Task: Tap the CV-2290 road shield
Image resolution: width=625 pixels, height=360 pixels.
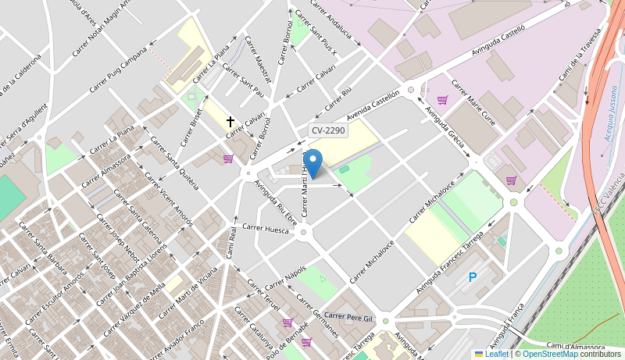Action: (327, 131)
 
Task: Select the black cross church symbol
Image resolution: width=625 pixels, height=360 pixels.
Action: (230, 122)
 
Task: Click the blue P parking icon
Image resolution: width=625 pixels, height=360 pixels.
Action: (472, 277)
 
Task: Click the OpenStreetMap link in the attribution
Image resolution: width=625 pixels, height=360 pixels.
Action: (550, 354)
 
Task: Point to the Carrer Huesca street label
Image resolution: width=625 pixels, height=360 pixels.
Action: (266, 228)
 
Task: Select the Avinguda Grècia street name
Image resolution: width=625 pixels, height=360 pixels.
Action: (444, 128)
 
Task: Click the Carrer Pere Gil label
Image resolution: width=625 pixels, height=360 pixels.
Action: (349, 317)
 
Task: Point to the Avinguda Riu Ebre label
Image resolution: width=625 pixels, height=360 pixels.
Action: (275, 202)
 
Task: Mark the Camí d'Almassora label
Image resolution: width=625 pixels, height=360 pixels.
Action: (575, 346)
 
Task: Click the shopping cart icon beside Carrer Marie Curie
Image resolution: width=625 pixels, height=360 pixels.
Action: (442, 100)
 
